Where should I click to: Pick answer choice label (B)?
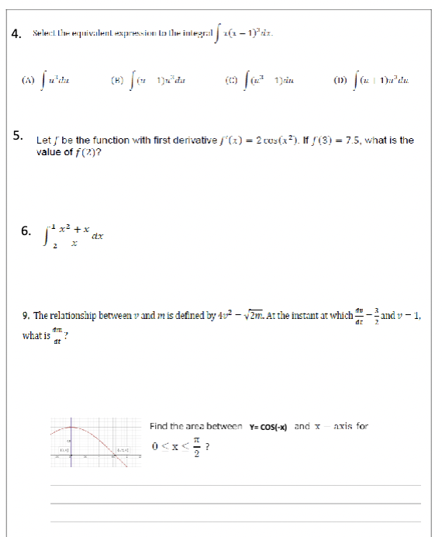click(119, 78)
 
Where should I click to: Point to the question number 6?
click(25, 230)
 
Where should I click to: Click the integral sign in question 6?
click(44, 231)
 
